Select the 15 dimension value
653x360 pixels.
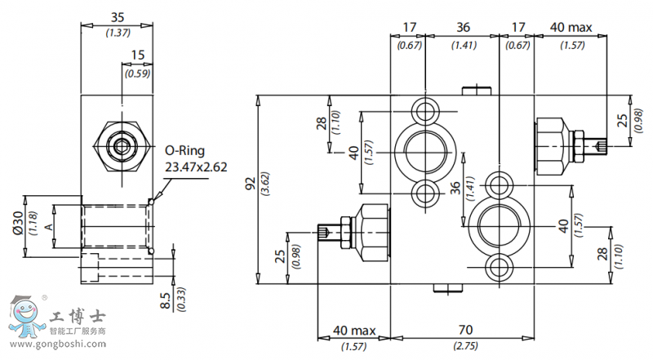(x=137, y=56)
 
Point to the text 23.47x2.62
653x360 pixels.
(x=196, y=167)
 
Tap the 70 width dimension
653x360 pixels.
(x=464, y=331)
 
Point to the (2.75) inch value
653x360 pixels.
(x=464, y=347)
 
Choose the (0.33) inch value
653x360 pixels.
(x=180, y=300)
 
